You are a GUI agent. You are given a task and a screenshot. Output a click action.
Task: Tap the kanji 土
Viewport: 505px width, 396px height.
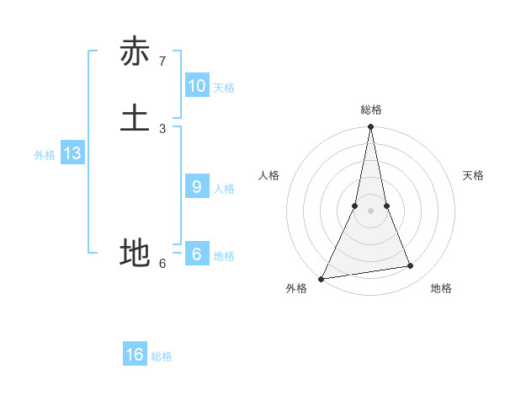coord(135,118)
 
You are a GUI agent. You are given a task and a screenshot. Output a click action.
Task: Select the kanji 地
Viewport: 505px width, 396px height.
coord(135,253)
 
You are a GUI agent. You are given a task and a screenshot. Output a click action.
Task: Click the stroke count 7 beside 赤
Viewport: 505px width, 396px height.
coord(162,62)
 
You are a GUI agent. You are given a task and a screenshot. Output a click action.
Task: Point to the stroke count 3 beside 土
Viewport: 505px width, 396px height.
coord(162,128)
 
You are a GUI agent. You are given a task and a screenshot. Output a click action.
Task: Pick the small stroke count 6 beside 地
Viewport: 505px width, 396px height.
coord(162,263)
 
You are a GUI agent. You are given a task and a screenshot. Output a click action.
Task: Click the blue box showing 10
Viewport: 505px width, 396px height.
coord(197,86)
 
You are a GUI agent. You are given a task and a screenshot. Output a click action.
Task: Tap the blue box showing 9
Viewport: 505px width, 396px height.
coord(197,187)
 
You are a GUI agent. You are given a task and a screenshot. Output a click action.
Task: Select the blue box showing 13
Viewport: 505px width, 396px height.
coord(72,153)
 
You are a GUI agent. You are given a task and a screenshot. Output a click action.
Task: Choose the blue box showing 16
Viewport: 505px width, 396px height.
coord(135,355)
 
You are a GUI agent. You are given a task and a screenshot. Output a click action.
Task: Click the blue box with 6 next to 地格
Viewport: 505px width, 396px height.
coord(197,254)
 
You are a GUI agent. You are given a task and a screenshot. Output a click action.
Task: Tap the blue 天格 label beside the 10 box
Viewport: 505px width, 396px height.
coord(224,88)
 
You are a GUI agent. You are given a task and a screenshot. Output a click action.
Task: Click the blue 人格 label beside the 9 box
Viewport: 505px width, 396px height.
coord(224,189)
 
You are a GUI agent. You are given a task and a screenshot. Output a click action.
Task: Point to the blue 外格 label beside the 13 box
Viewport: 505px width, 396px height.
coord(45,155)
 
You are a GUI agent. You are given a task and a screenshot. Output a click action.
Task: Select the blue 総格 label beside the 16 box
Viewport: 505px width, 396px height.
coord(162,356)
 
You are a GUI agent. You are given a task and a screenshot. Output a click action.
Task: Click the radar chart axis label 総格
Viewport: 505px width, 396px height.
coord(371,110)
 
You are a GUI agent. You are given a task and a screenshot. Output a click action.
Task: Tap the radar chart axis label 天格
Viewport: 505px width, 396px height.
coord(474,175)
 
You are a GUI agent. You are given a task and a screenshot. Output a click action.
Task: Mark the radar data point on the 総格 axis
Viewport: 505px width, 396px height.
coord(371,126)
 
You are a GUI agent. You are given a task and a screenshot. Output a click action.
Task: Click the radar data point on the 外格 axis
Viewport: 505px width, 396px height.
coord(322,279)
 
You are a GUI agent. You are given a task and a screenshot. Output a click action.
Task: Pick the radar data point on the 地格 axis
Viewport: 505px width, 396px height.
coord(411,266)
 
